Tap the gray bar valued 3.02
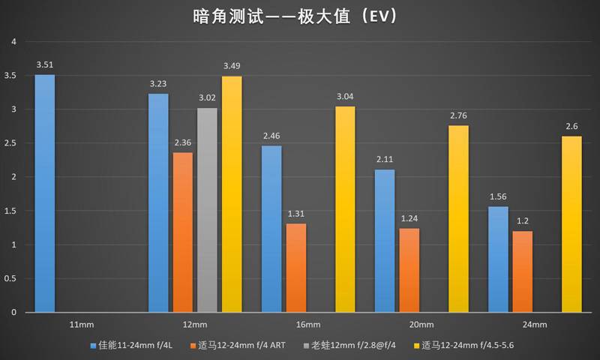(207, 210)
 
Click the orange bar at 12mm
(182, 232)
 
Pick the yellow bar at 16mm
(345, 209)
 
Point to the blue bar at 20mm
(384, 241)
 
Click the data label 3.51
(44, 64)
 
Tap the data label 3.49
(232, 66)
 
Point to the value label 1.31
(296, 214)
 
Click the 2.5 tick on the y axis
(10, 143)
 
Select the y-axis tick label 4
(13, 41)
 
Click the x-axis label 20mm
(421, 325)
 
